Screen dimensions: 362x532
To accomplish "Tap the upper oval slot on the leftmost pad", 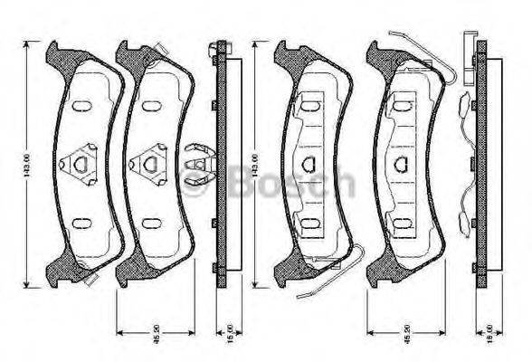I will [x=80, y=106].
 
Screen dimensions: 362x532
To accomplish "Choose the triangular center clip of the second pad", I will [x=147, y=164].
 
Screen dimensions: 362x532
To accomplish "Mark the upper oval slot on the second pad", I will [x=147, y=106].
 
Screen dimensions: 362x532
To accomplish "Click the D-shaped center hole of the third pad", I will [x=309, y=164].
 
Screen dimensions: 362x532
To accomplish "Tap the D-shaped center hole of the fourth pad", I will [x=402, y=164].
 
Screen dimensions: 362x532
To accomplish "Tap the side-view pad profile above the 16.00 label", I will [x=481, y=163].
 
